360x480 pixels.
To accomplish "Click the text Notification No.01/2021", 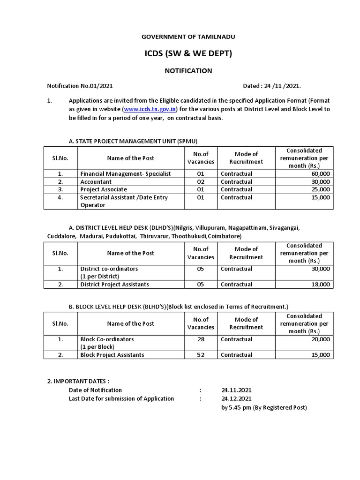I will point(80,86).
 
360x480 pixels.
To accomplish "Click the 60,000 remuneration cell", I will point(318,174).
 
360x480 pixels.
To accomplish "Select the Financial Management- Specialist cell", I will point(125,174).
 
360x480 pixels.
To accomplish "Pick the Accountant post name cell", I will point(96,182).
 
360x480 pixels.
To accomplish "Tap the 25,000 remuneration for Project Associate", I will point(318,189).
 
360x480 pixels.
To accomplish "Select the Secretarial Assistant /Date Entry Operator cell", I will point(124,201).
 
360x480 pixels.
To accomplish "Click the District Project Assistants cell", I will point(114,285).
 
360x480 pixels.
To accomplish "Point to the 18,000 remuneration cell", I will point(318,285).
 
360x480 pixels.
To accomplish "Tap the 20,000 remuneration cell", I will point(318,339).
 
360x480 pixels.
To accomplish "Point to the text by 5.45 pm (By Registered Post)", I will point(264,408).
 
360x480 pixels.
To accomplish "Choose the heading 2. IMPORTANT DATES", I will point(78,382).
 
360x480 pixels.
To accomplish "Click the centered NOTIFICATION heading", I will point(187,71).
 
